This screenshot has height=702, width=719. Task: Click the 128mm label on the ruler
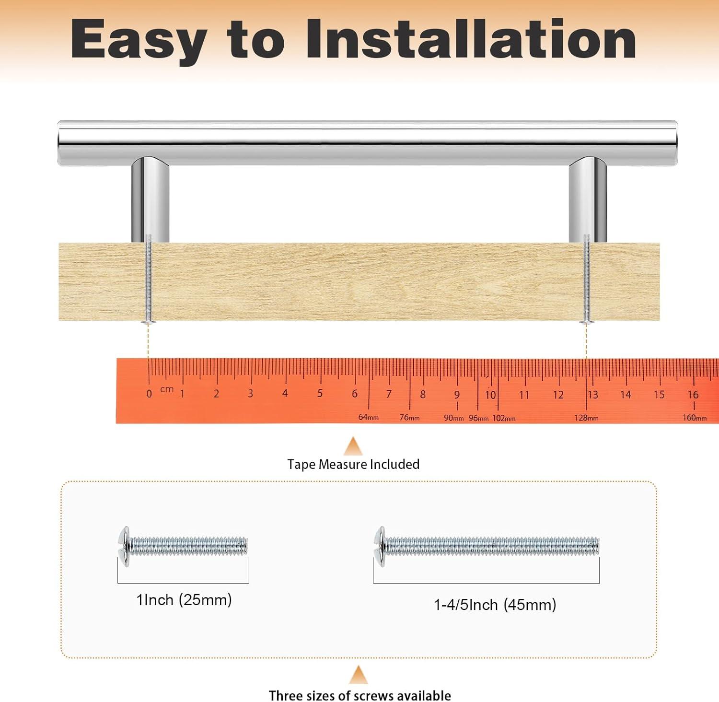586,418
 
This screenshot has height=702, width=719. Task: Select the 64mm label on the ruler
369,418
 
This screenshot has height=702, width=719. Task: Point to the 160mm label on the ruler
695,418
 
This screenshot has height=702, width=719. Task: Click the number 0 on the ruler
149,394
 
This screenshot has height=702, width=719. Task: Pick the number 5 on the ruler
320,394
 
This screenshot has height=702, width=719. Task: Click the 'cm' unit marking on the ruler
167,389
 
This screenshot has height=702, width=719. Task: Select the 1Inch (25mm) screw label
184,600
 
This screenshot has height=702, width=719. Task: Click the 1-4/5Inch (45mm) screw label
495,605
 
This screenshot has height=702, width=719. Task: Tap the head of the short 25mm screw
124,547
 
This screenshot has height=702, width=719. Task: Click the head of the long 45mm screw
380,547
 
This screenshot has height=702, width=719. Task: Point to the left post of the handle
150,199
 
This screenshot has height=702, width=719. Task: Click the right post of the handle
588,199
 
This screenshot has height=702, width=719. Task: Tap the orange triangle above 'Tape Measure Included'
353,446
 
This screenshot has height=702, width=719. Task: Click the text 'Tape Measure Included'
353,464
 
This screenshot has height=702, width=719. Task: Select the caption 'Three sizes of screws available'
359,695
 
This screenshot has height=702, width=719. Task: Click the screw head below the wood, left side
149,322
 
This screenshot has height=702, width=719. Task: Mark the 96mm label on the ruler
478,418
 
